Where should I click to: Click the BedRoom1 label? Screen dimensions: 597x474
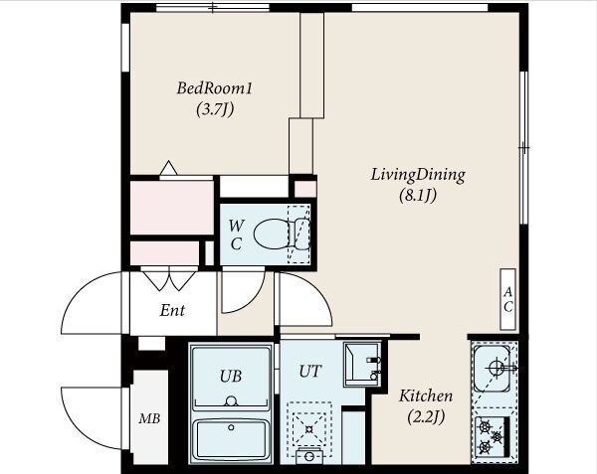point(214,88)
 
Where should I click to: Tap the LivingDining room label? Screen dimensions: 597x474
point(418,175)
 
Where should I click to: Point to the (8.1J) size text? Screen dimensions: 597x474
point(418,196)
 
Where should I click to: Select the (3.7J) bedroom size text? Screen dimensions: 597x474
point(215,109)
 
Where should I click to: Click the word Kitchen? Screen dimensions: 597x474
point(426,396)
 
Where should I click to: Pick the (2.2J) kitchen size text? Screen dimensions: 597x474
point(426,417)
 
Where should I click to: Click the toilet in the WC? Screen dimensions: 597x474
point(282,234)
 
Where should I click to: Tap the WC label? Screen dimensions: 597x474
point(236,235)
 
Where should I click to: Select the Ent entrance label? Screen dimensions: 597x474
point(172,310)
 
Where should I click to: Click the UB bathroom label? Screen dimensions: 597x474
point(231,376)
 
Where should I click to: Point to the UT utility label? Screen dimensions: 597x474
point(309,371)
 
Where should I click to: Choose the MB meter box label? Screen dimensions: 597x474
point(149,418)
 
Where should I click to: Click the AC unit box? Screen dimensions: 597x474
point(507,299)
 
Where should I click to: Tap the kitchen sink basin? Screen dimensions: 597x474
point(493,369)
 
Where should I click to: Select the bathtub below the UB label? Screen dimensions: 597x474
point(231,439)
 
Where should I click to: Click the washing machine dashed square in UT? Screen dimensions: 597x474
point(309,429)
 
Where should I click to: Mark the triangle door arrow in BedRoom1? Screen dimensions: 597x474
point(169,168)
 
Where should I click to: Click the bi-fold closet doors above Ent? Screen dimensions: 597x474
point(169,279)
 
